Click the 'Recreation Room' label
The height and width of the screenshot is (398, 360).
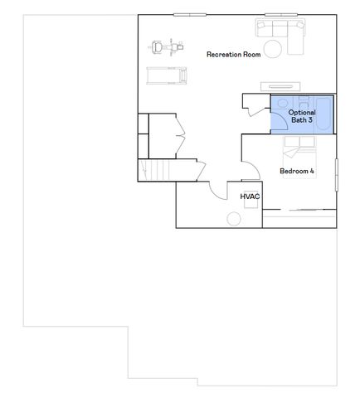pyautogui.click(x=234, y=54)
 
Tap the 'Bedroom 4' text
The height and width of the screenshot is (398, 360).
pyautogui.click(x=297, y=172)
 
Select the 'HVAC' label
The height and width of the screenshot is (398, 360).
pyautogui.click(x=250, y=197)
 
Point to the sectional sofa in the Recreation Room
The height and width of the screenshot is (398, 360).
pyautogui.click(x=281, y=32)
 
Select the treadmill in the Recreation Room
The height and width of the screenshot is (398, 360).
pyautogui.click(x=167, y=75)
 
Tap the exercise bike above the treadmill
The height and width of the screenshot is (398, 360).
pyautogui.click(x=166, y=46)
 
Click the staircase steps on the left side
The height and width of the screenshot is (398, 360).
pyautogui.click(x=157, y=172)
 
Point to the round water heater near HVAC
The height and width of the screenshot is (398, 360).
pyautogui.click(x=236, y=217)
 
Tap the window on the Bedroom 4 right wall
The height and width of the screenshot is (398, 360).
pyautogui.click(x=336, y=176)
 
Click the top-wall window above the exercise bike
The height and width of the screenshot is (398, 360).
pyautogui.click(x=191, y=14)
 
